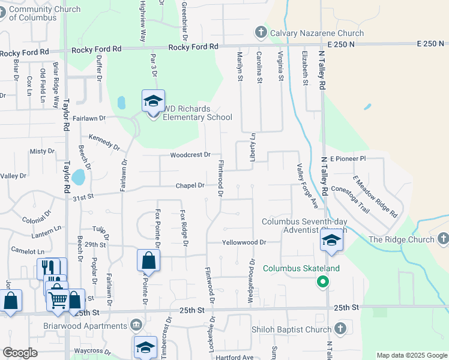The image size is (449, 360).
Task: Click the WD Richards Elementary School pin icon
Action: point(153,101)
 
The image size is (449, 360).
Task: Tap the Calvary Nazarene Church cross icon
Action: point(261,32)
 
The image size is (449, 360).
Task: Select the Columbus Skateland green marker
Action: point(323,281)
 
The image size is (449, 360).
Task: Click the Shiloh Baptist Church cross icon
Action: point(340,329)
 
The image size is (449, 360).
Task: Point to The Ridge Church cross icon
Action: point(442,239)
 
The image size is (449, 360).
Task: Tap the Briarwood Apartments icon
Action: point(136,326)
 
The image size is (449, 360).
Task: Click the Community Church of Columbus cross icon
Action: point(4,10)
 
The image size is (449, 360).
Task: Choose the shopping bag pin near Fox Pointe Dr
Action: point(148,262)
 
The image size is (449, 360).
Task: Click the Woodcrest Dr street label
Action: point(190,155)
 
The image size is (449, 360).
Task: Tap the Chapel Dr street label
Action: point(190,185)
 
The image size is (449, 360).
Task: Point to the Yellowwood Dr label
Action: point(243,242)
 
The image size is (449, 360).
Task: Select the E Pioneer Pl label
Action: point(348,158)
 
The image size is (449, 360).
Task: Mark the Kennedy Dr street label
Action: point(104,142)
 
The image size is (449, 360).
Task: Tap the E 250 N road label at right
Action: point(431,44)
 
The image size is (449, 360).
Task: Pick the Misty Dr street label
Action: point(42,151)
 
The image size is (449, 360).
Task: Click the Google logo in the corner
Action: point(20,353)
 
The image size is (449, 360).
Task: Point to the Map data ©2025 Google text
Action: point(411,355)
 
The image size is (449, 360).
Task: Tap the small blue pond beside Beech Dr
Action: point(77,177)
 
